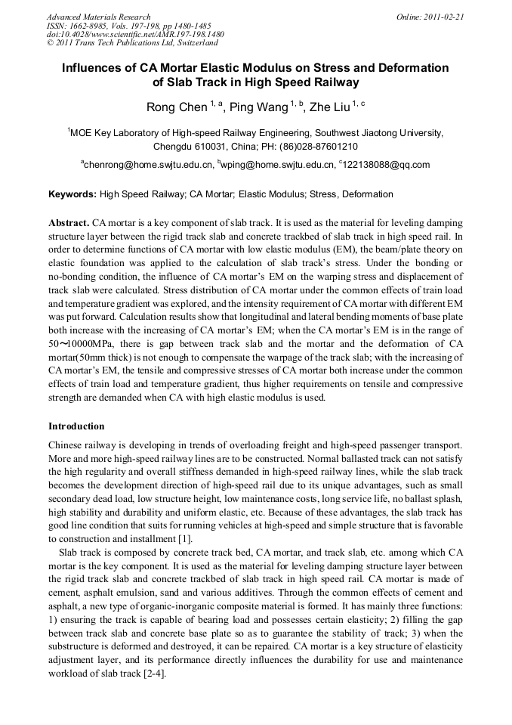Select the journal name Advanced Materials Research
point(98,17)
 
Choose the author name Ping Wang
point(257,107)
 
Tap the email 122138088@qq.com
point(387,164)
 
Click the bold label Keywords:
point(72,194)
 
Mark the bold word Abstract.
point(69,225)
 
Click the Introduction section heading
point(76,426)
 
